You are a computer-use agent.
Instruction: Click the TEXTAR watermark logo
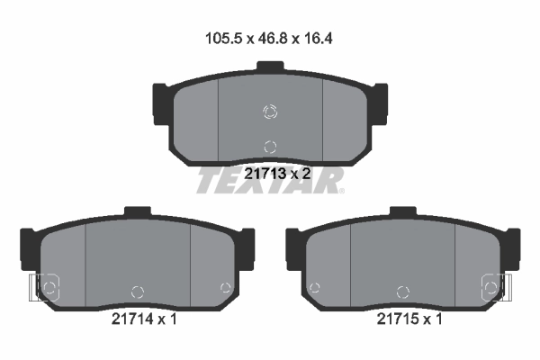[x=270, y=181]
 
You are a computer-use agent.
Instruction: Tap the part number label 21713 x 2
[x=277, y=174]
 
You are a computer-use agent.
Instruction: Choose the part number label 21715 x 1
[x=409, y=319]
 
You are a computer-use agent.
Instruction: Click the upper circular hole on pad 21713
[x=270, y=112]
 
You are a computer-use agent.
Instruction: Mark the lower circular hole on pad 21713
[x=270, y=146]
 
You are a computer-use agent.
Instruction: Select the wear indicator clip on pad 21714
[x=40, y=289]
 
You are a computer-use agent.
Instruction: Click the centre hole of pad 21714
[x=138, y=290]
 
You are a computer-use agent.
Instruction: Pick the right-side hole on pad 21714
[x=225, y=287]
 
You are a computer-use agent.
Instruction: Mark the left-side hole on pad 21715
[x=314, y=288]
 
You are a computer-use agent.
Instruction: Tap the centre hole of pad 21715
[x=401, y=290]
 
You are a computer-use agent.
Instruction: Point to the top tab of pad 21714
[x=138, y=213]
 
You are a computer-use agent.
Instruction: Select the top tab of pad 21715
[x=401, y=213]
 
